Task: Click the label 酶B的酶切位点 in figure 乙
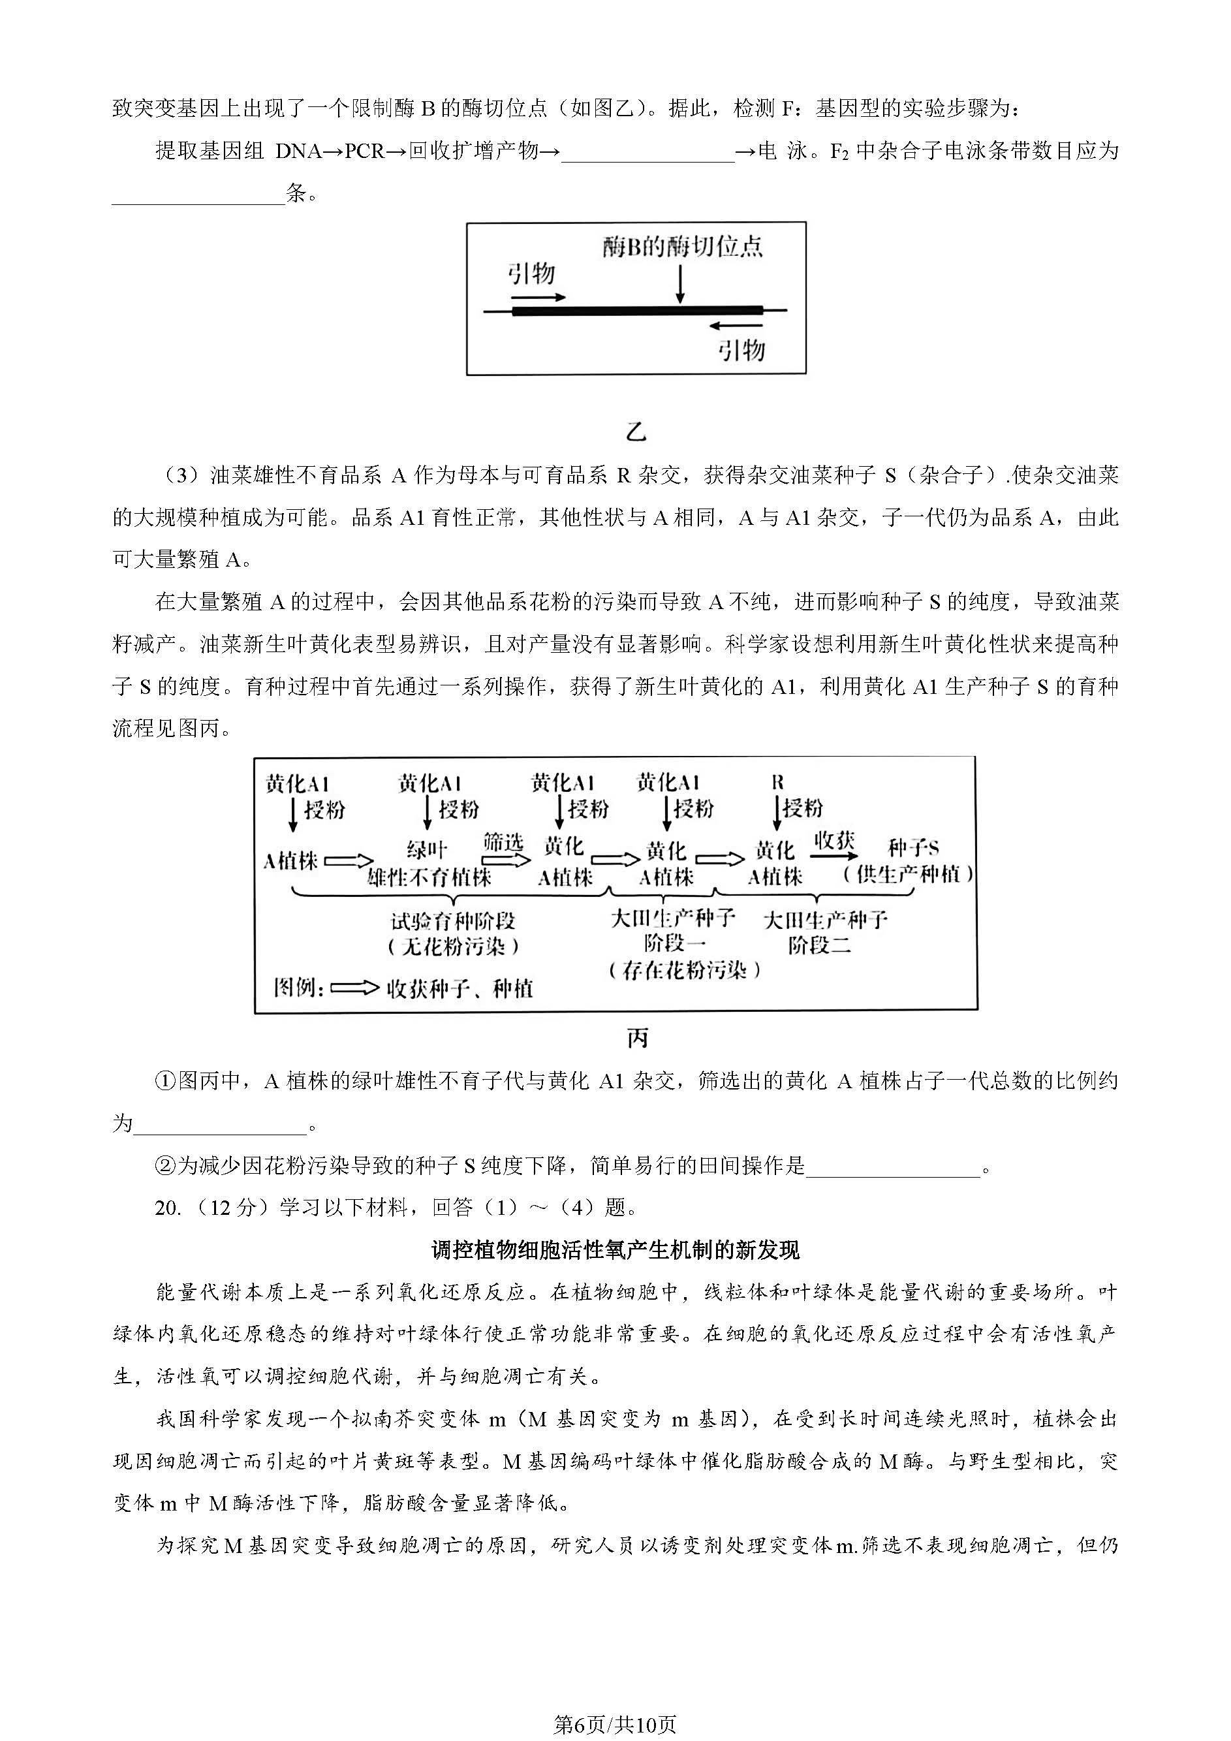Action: point(682,247)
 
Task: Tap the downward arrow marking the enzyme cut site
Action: point(680,285)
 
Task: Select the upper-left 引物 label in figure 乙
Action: point(531,273)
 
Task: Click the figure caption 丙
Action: point(638,1038)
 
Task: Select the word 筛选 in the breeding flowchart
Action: point(503,841)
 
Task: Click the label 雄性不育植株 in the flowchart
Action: point(429,877)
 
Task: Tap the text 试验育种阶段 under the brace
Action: point(452,921)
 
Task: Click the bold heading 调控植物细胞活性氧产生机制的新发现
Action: point(615,1249)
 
